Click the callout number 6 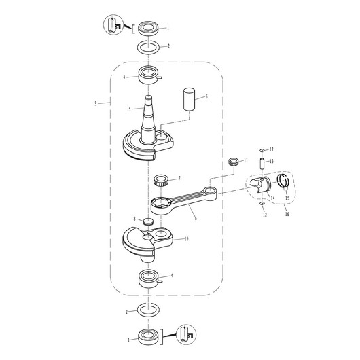coord(206,96)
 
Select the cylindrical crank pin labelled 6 coord(189,100)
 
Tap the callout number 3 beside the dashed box coord(96,103)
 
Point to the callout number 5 coord(130,109)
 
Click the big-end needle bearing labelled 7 coord(161,181)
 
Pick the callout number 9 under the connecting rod coord(196,219)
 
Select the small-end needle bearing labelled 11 coord(234,162)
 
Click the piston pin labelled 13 coord(262,164)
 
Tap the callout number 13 coord(272,162)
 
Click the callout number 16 coord(287,214)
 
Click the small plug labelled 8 coord(148,221)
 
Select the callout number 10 coord(186,239)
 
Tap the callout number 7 coord(179,178)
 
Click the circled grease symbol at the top coord(113,24)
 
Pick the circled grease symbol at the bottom coord(186,334)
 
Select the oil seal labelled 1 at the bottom coord(149,337)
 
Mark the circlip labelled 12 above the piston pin coord(262,150)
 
